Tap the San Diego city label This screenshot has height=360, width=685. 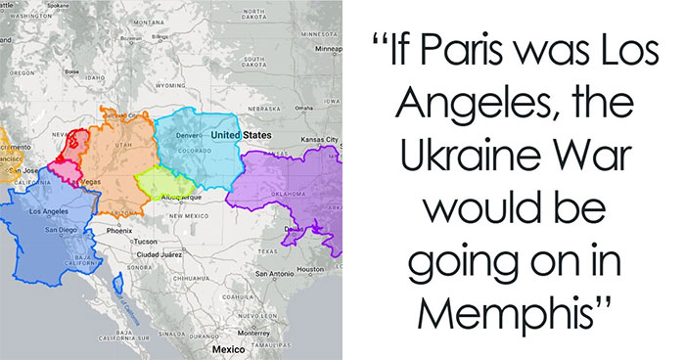pyautogui.click(x=60, y=230)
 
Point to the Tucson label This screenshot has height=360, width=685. pyautogui.click(x=145, y=241)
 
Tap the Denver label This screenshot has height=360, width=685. pyautogui.click(x=189, y=134)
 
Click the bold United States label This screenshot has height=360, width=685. pyautogui.click(x=240, y=133)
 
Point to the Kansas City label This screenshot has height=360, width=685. pyautogui.click(x=319, y=139)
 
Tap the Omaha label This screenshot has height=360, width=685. pyautogui.click(x=304, y=108)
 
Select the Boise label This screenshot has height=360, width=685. pyautogui.click(x=71, y=71)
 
